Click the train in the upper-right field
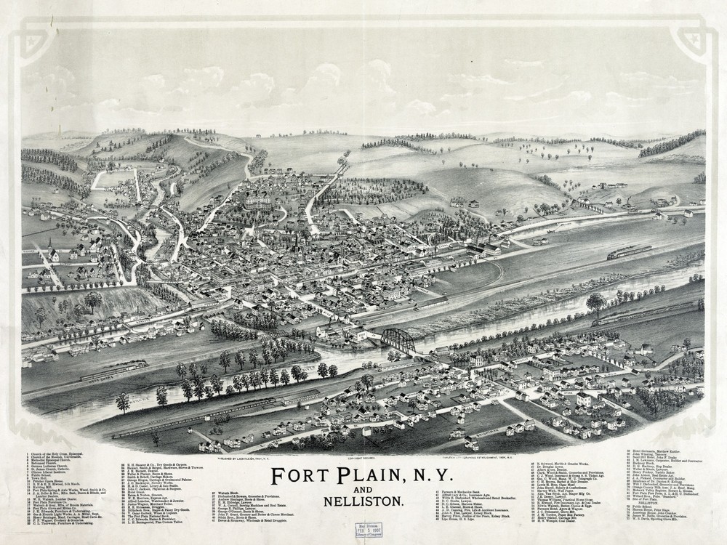point(630,252)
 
